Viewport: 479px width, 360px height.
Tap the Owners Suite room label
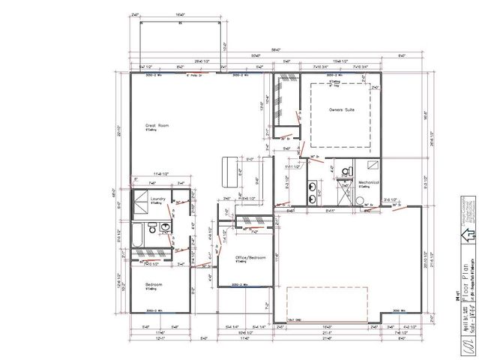point(341,109)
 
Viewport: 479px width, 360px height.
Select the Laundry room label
point(157,199)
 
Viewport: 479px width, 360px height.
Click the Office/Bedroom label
point(251,257)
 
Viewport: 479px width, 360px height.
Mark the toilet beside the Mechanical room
point(346,172)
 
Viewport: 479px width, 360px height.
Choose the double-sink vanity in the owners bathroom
point(312,192)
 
